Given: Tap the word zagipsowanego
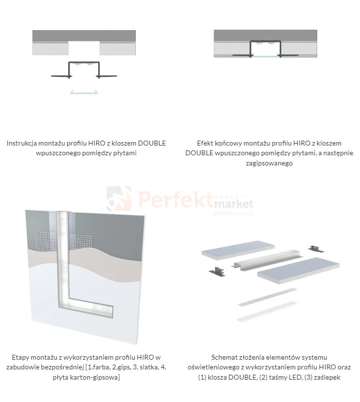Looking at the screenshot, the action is (269, 163).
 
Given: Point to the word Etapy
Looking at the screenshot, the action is (21, 357).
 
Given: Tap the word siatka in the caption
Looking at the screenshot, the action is (148, 367).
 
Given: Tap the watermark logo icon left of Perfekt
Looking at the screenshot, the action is (119, 198).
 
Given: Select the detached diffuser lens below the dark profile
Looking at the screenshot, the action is (84, 92).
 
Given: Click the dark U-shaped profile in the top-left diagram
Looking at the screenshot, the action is (84, 63).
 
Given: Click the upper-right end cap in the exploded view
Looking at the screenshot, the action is (316, 249).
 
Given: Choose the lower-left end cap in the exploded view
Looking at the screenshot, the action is (217, 271).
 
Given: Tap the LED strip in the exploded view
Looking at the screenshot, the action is (267, 297).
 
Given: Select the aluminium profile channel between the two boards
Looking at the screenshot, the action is (267, 259).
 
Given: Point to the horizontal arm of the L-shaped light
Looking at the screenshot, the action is (87, 307).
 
